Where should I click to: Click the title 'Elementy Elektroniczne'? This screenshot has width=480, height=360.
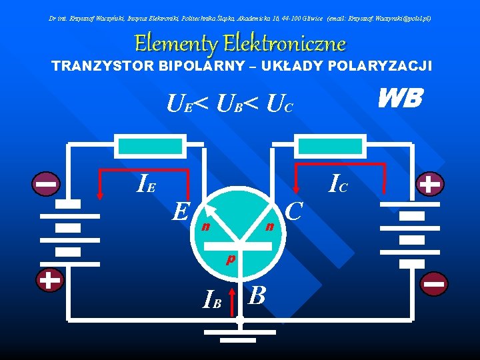click(x=240, y=44)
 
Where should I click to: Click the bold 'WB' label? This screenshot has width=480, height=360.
click(x=399, y=99)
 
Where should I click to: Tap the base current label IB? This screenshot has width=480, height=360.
click(x=213, y=301)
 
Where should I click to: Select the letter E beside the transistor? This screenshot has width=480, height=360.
click(x=178, y=211)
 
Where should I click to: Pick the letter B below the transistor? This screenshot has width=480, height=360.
click(x=257, y=294)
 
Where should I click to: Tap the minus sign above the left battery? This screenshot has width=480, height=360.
click(x=47, y=182)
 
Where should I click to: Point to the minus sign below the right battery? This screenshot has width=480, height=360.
click(x=433, y=284)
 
